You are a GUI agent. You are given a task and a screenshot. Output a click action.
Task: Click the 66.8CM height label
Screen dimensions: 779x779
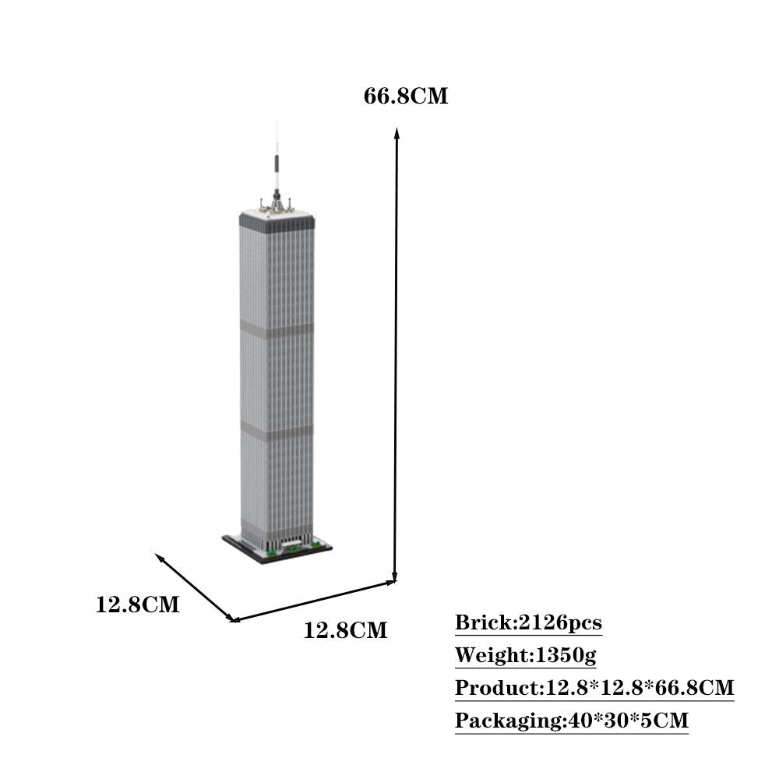coord(406,97)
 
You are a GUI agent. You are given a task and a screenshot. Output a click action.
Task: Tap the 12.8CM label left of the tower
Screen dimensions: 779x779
coord(137,605)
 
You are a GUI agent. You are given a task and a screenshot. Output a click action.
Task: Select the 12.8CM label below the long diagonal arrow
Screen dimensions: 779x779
coord(345,630)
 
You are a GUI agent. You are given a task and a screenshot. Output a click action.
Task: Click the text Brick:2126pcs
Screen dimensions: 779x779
coord(528,623)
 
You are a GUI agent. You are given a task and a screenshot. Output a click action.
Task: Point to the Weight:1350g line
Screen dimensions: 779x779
coord(525,656)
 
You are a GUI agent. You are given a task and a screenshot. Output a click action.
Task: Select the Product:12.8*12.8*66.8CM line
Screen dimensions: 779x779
coord(594,689)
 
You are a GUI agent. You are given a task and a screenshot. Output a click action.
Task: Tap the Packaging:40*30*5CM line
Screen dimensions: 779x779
coord(571,721)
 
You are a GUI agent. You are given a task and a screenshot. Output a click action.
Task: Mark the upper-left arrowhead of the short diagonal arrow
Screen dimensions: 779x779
coord(159,557)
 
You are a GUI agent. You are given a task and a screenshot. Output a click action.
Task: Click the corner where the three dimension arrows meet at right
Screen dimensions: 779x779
coord(395,580)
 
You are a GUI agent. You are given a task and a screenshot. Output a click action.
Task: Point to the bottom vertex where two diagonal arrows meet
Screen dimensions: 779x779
coord(233,620)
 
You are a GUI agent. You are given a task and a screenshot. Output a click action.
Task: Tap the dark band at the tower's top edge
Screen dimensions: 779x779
coord(277,222)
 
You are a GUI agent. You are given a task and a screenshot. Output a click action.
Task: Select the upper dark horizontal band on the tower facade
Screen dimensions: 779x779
coord(277,330)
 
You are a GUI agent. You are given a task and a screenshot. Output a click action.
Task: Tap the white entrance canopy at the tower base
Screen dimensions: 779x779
coord(292,541)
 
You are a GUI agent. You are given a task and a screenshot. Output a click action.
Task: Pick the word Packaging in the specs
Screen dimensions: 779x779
coord(507,721)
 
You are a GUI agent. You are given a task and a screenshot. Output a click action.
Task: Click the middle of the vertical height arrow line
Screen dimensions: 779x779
coord(396,357)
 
